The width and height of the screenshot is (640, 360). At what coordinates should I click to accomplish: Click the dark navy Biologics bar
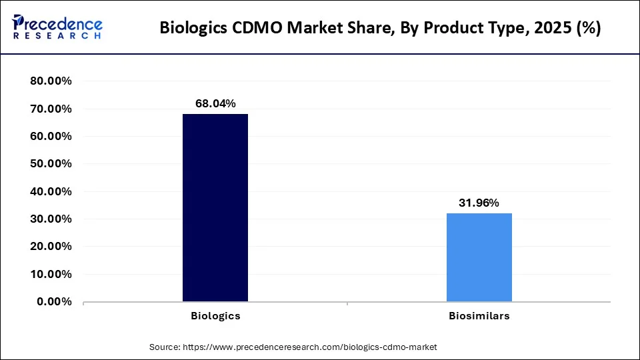(x=215, y=207)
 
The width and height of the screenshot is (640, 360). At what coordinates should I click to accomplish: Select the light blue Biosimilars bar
(x=479, y=257)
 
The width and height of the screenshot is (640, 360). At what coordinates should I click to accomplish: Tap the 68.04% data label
(x=215, y=103)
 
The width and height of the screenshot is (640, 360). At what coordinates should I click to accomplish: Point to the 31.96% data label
(x=479, y=203)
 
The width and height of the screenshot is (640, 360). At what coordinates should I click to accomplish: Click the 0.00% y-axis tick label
(x=54, y=301)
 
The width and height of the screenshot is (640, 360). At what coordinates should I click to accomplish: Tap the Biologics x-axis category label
(x=215, y=316)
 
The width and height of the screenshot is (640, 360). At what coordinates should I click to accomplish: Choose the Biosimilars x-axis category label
(x=479, y=316)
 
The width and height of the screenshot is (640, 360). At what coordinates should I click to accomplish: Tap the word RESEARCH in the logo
(x=57, y=35)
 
